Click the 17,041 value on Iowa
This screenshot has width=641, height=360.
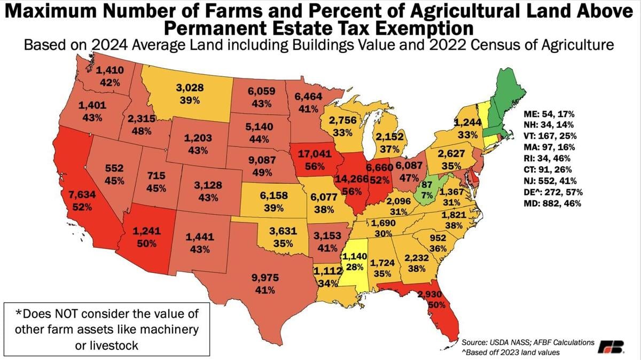[x=313, y=153]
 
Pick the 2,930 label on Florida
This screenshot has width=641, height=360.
[x=429, y=295]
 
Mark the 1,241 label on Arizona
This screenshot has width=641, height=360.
[x=146, y=232]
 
